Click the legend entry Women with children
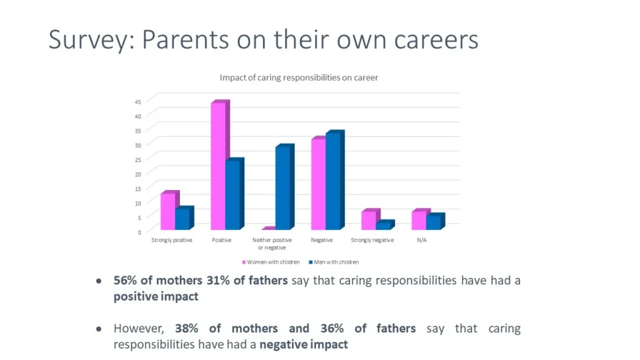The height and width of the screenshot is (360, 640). coord(271,262)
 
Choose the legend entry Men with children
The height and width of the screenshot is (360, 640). coord(334,262)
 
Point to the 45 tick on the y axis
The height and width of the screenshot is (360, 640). coord(138,102)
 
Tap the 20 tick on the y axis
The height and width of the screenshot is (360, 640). coord(138,174)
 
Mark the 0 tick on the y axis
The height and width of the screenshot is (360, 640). coord(139,232)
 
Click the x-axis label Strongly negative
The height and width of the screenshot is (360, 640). coord(372,240)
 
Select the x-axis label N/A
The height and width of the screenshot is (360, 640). coord(422,240)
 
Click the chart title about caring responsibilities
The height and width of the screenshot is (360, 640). coord(299,77)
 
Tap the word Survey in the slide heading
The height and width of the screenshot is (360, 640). coord(91,40)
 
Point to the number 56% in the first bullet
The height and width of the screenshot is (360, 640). coord(125,281)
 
